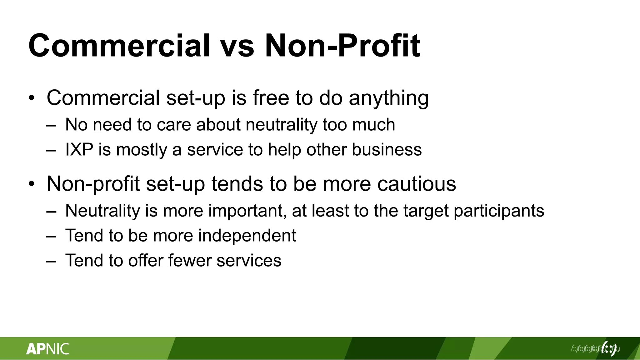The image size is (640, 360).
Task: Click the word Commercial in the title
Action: (x=119, y=46)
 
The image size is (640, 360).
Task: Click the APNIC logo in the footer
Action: (x=47, y=349)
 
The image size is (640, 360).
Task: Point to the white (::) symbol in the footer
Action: (x=608, y=348)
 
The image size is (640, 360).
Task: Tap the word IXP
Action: (x=79, y=149)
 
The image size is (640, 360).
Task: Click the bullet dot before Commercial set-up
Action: (x=32, y=98)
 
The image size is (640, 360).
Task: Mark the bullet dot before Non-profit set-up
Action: (x=32, y=184)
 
